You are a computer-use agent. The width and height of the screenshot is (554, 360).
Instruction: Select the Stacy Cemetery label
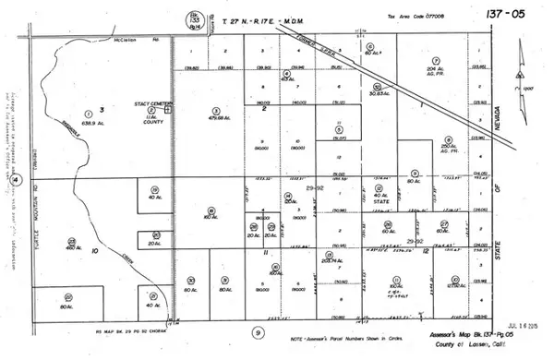[x=145, y=104]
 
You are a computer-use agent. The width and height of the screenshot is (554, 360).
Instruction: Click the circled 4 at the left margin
[x=17, y=181]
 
